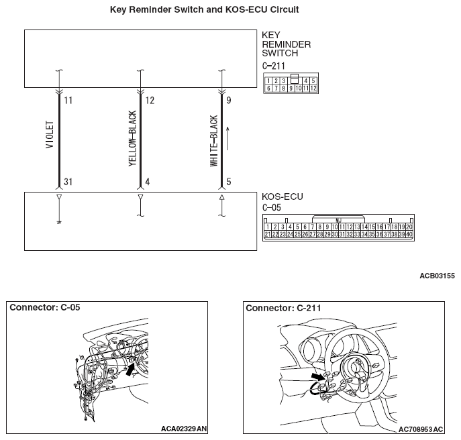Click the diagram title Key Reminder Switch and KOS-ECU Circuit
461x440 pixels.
point(205,9)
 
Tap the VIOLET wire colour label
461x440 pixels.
point(50,135)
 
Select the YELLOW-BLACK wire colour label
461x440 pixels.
point(133,138)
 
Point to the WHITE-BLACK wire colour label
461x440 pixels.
point(214,141)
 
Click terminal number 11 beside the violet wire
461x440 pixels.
point(68,101)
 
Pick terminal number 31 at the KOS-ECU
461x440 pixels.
point(68,182)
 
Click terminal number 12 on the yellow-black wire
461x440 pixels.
point(150,101)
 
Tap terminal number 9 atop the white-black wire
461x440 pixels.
point(229,101)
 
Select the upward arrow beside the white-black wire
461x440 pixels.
point(228,138)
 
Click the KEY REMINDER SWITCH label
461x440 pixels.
point(286,44)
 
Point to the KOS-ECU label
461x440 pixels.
point(283,197)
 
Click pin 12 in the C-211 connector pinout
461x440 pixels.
point(313,88)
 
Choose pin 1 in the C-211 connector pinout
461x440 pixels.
point(268,81)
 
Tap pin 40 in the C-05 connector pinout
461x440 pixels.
point(409,234)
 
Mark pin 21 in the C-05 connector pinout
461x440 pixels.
point(267,234)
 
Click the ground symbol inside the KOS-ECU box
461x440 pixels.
point(59,223)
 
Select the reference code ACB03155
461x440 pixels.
point(438,276)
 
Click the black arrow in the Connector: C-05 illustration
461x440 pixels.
point(130,369)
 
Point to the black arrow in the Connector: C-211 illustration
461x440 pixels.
point(319,377)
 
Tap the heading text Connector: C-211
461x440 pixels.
point(283,308)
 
